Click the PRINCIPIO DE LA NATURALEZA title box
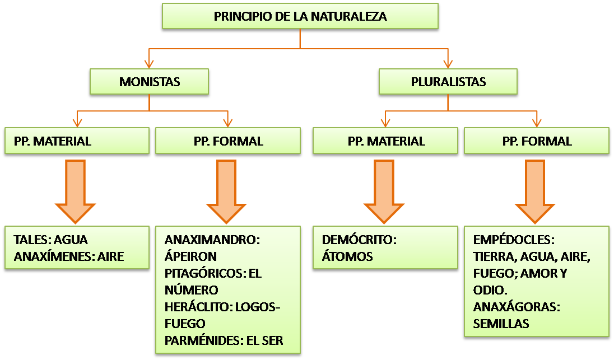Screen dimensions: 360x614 (300, 16)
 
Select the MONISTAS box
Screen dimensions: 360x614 (150, 82)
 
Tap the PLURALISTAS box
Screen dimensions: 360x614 (448, 82)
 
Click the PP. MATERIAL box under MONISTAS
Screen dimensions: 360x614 (77, 141)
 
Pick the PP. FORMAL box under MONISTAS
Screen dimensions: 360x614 (228, 141)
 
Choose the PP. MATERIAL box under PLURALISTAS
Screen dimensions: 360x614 (385, 141)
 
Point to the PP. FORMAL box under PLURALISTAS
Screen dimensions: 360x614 (537, 141)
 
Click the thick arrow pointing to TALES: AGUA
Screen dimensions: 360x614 (76, 190)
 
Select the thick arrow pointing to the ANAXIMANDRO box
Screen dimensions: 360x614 (227, 190)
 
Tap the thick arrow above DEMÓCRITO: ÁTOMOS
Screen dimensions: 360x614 (384, 190)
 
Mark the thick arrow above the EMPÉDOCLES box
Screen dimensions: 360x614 (536, 190)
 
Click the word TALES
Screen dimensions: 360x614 (31, 240)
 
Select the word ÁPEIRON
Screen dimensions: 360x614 (190, 256)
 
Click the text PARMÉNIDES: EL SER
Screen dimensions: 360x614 (224, 340)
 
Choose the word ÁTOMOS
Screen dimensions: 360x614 (347, 256)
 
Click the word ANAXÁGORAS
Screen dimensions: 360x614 (516, 307)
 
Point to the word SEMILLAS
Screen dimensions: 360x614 (501, 324)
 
